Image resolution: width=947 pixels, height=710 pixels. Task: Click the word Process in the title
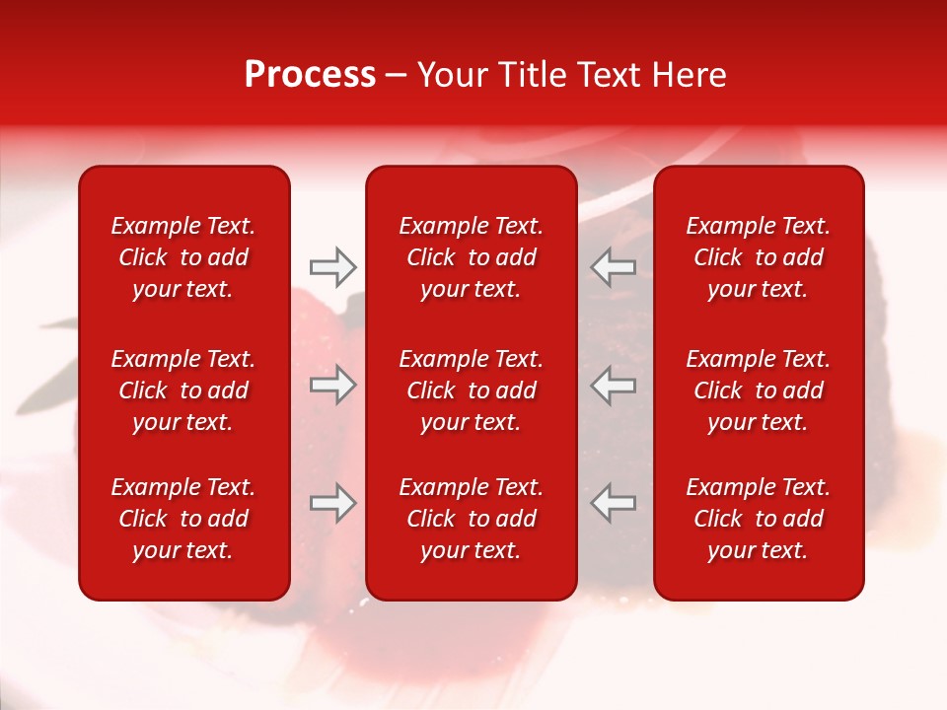pos(310,75)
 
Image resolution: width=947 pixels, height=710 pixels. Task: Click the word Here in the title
pos(690,75)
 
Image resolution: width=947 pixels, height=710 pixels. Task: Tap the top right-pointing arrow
pos(332,266)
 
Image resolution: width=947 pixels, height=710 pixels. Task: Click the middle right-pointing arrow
pos(332,385)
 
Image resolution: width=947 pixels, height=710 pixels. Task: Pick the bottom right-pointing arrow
pos(332,503)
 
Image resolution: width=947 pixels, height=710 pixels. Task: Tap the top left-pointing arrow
pos(614,266)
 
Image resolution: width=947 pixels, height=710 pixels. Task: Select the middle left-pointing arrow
pos(614,385)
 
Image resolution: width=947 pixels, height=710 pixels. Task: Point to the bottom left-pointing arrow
pos(614,503)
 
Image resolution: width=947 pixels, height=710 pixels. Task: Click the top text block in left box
pos(183,257)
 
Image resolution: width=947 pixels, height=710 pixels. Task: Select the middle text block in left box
pos(183,390)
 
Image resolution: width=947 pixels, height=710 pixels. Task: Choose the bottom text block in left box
pos(183,519)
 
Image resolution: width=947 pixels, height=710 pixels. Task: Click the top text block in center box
pos(471,257)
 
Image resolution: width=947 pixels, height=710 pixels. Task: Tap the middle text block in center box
pos(471,390)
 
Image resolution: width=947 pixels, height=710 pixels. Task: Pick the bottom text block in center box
pos(471,519)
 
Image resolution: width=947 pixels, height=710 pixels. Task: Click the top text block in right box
pos(758,257)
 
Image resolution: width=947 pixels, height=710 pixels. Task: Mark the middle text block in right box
pos(758,390)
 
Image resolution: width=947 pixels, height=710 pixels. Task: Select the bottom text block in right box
pos(758,519)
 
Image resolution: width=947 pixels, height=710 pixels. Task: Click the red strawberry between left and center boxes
pos(326,325)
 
